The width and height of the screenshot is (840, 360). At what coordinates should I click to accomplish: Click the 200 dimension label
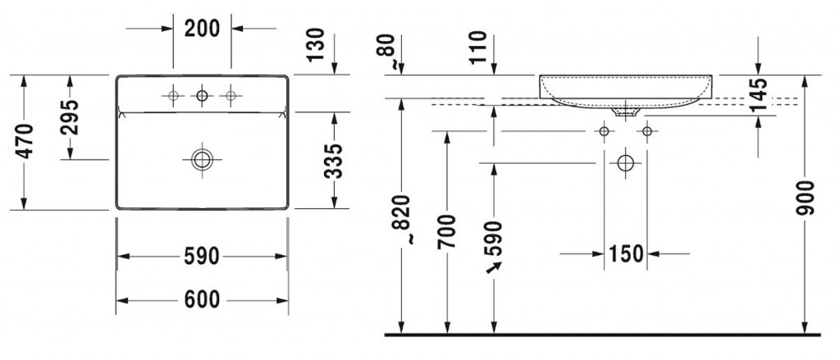tap(202, 28)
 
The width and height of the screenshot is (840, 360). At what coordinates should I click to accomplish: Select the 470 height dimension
tap(25, 142)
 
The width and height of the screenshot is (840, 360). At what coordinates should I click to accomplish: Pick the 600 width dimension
tap(201, 300)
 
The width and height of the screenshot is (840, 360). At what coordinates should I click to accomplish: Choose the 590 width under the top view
tap(201, 257)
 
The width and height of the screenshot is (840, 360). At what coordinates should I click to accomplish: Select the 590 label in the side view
tap(494, 237)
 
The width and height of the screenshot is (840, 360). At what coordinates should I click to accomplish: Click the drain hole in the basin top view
tap(201, 158)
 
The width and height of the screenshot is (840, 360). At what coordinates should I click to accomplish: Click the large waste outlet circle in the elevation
tap(626, 162)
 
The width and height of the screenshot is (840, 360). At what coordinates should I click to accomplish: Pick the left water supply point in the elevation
tap(605, 131)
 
